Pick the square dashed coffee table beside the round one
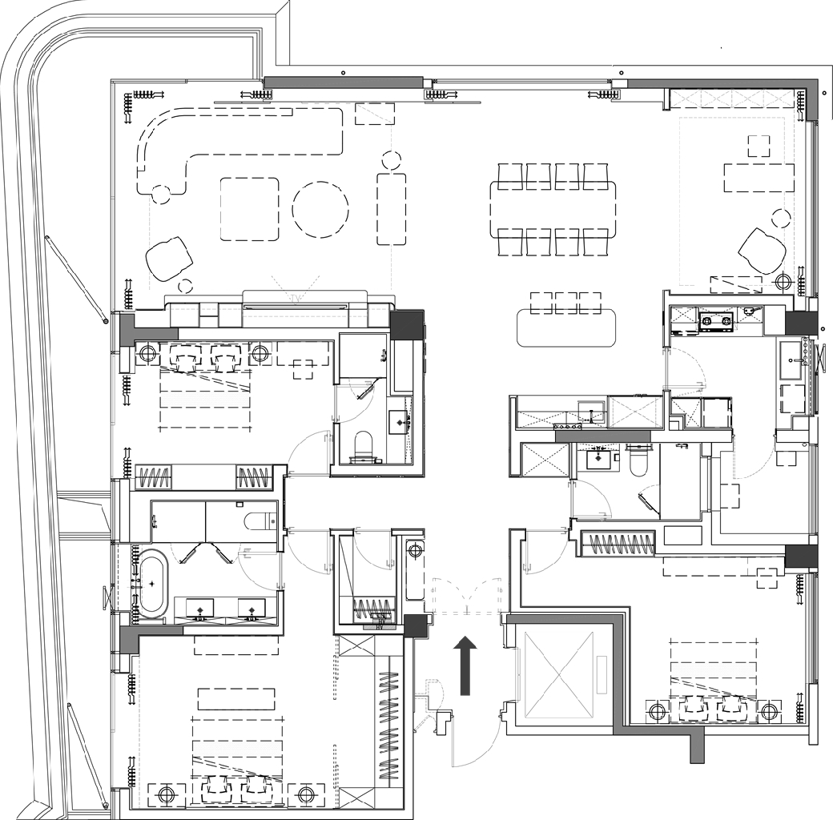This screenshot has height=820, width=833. [249, 209]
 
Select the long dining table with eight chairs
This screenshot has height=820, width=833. [553, 209]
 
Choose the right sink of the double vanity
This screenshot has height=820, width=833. [252, 610]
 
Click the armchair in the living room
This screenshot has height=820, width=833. [169, 259]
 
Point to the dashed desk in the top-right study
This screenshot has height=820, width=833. [758, 177]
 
